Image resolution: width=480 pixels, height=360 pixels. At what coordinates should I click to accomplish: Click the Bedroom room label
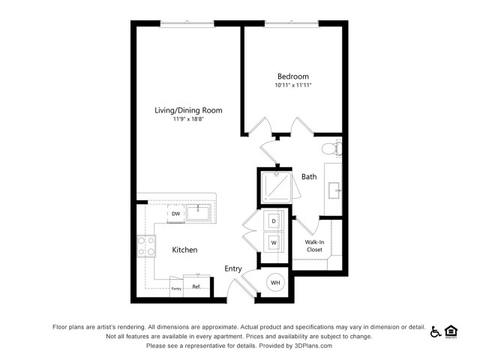(293, 76)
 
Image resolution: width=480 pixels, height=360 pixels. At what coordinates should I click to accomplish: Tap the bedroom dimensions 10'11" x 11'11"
(293, 85)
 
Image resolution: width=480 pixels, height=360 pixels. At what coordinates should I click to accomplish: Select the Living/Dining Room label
(188, 110)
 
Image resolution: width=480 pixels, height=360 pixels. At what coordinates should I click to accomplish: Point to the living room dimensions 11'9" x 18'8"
(188, 119)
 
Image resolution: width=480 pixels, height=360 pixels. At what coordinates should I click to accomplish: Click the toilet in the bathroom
(331, 148)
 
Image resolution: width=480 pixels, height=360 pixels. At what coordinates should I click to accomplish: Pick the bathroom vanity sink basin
(334, 190)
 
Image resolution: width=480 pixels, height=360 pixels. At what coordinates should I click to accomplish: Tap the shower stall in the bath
(276, 187)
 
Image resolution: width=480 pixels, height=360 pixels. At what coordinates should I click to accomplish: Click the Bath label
(309, 177)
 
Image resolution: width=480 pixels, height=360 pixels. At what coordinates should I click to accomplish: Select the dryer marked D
(274, 220)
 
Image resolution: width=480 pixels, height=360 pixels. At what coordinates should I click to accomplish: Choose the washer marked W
(274, 242)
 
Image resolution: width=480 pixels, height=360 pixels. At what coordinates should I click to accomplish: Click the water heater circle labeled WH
(275, 283)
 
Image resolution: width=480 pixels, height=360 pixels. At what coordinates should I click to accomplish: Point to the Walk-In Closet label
(314, 246)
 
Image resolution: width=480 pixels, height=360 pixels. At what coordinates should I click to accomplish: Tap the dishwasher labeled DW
(175, 214)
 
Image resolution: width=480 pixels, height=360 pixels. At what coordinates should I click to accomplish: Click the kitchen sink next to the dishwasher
(198, 213)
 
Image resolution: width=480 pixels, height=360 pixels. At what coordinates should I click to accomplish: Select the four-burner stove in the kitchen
(146, 246)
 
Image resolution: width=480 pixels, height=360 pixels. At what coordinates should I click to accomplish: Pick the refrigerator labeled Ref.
(196, 286)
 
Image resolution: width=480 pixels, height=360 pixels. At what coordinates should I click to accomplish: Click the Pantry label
(176, 289)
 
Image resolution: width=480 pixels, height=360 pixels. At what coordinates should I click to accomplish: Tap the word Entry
(233, 268)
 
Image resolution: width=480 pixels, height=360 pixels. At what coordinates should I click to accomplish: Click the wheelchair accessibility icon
(435, 331)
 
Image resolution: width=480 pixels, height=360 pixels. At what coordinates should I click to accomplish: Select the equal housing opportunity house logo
(451, 331)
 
